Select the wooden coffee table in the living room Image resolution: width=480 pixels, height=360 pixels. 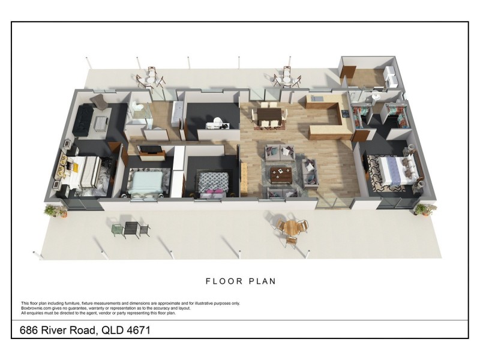[281, 174]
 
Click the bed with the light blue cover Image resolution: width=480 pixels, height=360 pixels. [145, 181]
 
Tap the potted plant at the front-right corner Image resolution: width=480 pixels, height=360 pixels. [425, 209]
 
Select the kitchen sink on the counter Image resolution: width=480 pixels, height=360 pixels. [316, 98]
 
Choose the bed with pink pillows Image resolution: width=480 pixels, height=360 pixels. [214, 182]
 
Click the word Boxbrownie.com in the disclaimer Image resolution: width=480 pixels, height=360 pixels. [37, 308]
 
